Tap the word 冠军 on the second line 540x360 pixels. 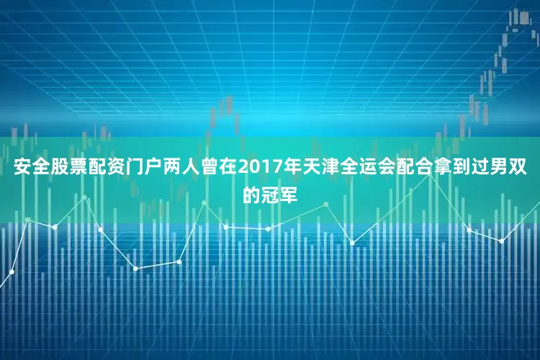280,194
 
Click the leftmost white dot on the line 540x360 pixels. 12,271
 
